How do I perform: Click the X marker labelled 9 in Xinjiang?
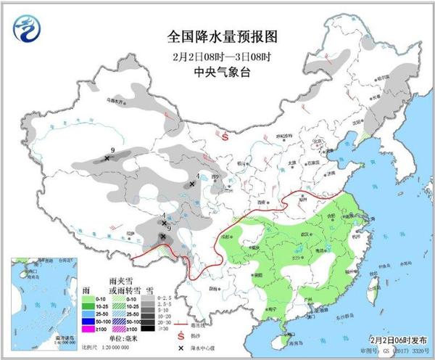107,157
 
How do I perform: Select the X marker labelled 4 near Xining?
191,184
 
